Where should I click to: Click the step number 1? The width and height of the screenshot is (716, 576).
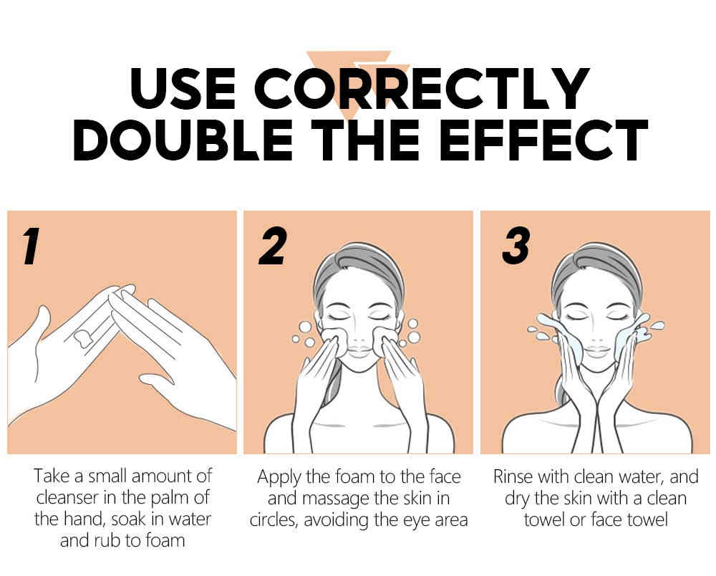pos(31,246)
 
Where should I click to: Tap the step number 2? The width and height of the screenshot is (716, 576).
pos(273,246)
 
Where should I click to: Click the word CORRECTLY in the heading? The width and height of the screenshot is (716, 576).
pos(422,88)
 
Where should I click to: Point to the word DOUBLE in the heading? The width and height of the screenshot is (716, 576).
pos(183,140)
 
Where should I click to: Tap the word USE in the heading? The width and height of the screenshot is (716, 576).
pos(183,88)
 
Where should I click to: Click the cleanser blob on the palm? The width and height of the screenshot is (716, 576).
pos(82,337)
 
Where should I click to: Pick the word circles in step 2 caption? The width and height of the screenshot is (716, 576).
pos(274,520)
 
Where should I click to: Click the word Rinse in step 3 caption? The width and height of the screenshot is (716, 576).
pos(513,476)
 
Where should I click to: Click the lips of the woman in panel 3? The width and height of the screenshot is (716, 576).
pos(597,352)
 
